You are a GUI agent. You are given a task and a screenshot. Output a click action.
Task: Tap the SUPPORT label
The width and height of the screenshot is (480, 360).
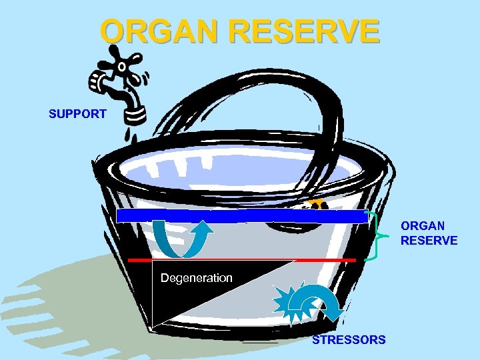(x=77, y=114)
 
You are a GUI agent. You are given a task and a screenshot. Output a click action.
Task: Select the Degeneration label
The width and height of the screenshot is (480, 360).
(x=196, y=277)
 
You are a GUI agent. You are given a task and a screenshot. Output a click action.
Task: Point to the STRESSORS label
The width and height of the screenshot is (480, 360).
(x=349, y=340)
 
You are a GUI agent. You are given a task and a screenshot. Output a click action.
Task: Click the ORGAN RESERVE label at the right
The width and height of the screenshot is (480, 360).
(x=429, y=233)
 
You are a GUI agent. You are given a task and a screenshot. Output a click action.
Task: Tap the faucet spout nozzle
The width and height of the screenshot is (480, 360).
(x=136, y=114)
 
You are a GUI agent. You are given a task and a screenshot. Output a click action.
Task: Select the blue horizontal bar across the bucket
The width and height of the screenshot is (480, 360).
(x=242, y=216)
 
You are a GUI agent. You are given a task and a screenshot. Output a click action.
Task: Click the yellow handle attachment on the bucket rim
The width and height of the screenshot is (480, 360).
(x=316, y=201)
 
